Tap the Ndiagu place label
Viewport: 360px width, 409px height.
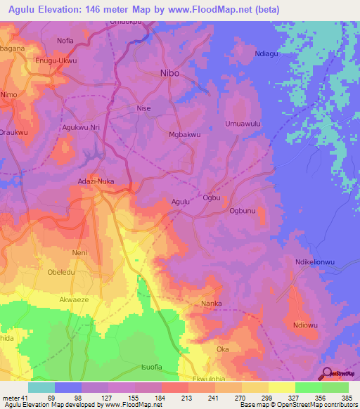point(268,53)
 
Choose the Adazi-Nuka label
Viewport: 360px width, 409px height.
point(95,181)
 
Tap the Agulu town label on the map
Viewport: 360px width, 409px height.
point(181,202)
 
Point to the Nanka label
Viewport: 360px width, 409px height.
point(212,304)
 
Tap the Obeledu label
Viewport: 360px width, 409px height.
point(63,273)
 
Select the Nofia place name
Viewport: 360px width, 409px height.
point(65,41)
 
